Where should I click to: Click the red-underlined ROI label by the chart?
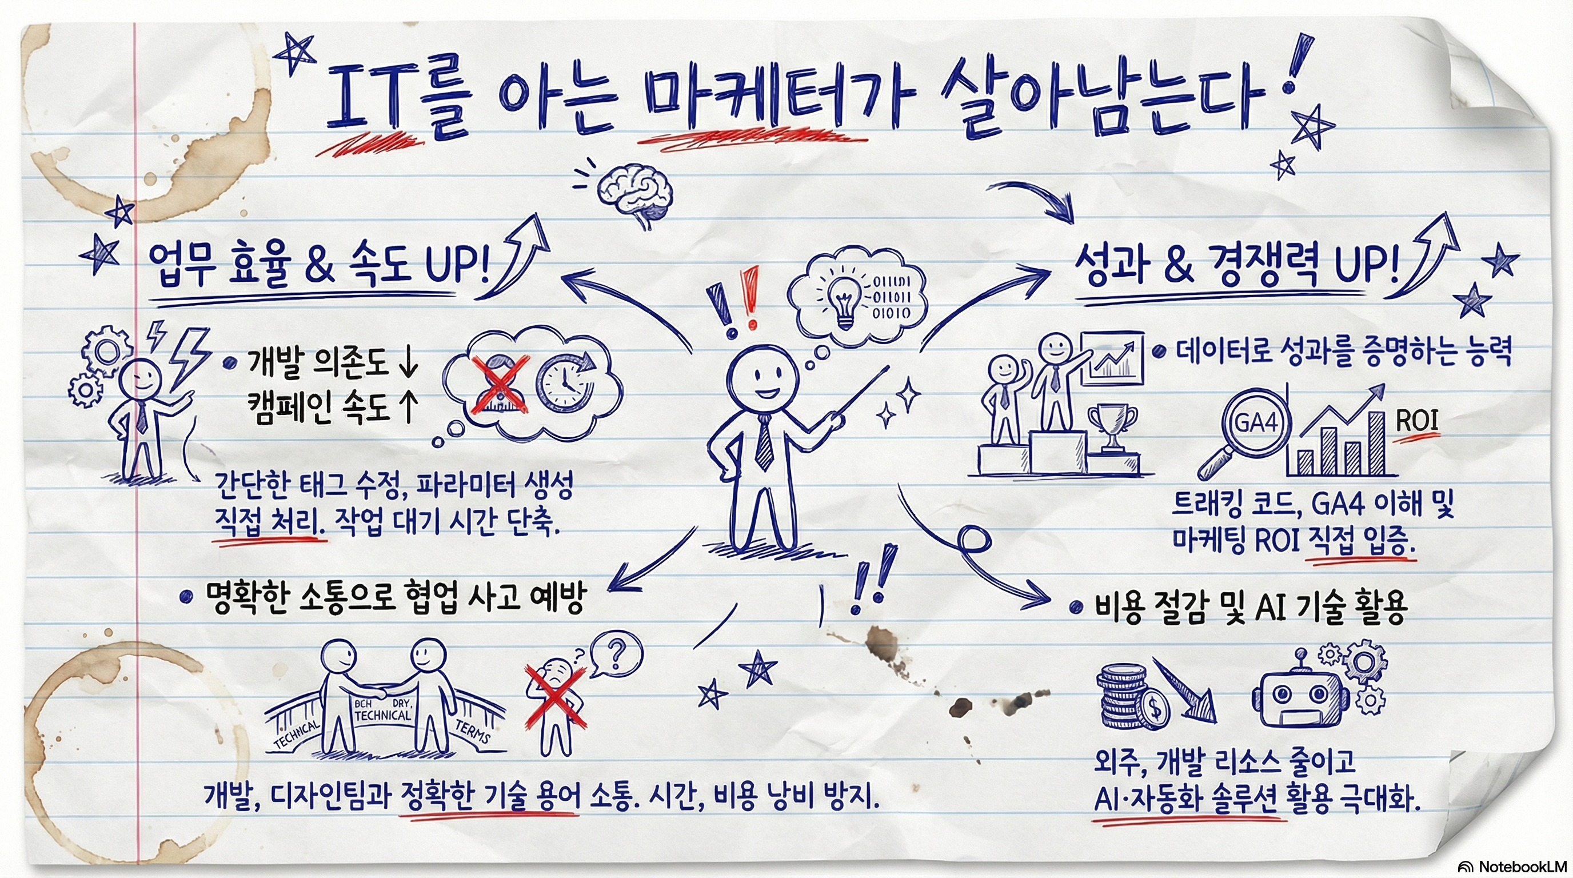coord(1417,421)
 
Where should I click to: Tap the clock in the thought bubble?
coord(564,385)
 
